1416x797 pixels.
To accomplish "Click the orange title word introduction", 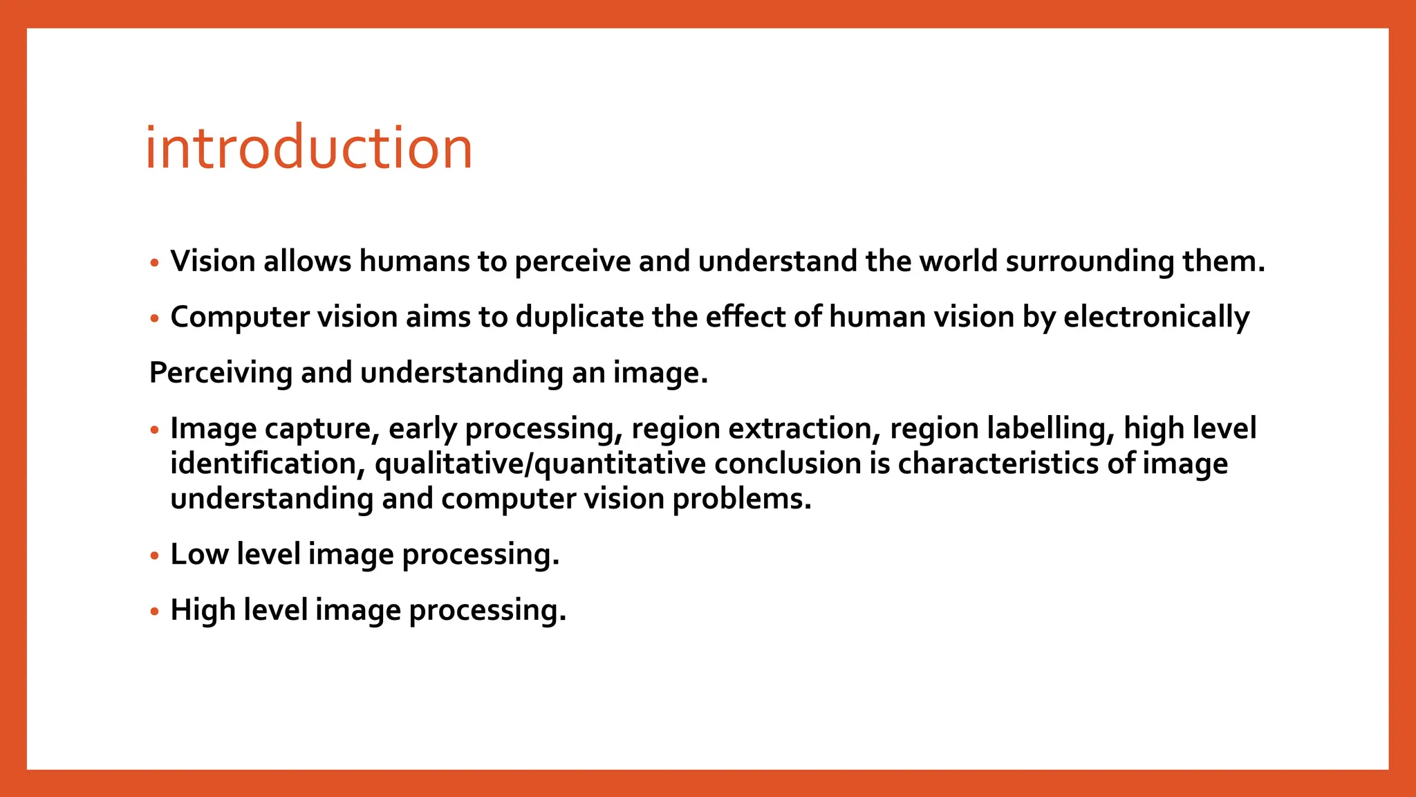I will (308, 148).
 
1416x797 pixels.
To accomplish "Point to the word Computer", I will (239, 318).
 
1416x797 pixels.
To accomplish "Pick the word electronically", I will (1156, 318).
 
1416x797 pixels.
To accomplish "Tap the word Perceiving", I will (221, 374).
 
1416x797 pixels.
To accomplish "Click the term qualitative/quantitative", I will (540, 464).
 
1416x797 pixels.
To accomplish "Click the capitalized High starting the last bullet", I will (203, 610).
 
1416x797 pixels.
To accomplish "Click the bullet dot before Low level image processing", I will (155, 556).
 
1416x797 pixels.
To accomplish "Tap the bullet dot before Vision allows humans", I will (155, 263).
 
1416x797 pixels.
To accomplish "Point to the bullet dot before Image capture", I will (155, 430).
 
